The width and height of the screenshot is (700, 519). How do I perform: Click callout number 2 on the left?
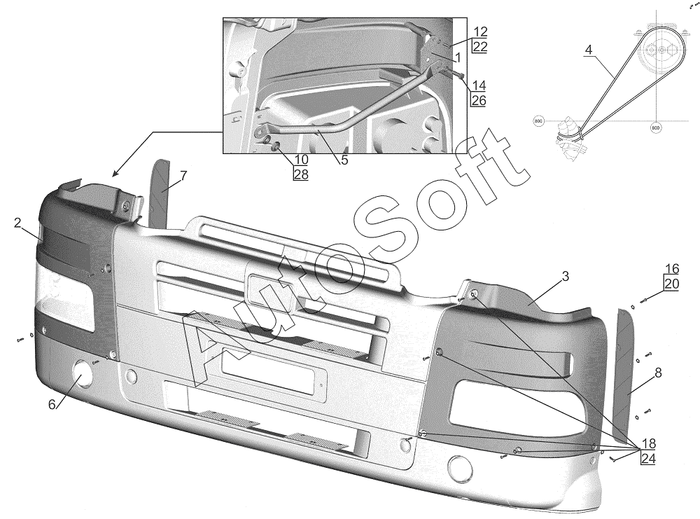[17, 223]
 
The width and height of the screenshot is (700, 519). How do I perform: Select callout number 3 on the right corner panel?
[565, 277]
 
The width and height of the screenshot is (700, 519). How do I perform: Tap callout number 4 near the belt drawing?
[588, 50]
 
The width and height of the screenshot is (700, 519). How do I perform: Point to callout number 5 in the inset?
[344, 160]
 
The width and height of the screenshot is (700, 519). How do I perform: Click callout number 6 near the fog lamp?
[52, 404]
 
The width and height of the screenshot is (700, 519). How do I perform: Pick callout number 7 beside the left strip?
[183, 176]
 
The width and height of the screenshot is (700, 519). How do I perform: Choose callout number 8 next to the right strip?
[658, 374]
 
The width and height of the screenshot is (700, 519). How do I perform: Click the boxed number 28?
[300, 174]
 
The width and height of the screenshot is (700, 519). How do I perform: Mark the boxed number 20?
[672, 284]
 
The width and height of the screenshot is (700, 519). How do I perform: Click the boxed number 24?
[648, 459]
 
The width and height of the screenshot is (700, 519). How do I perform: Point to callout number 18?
[648, 443]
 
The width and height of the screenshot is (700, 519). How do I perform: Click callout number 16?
[672, 269]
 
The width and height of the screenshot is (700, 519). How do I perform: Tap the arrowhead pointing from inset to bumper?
[114, 172]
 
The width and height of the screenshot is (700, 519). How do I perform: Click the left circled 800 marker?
[538, 121]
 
